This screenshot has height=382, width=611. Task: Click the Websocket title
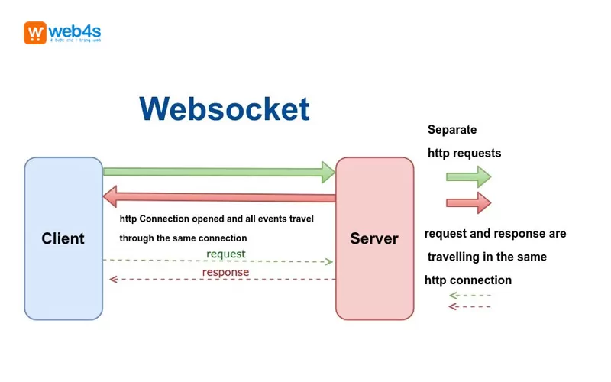[x=225, y=109]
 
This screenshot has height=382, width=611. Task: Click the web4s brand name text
[x=76, y=31]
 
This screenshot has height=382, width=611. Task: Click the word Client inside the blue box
[x=63, y=238]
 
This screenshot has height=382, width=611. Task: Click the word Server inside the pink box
[x=374, y=238]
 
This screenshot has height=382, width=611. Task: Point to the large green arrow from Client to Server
[x=219, y=172]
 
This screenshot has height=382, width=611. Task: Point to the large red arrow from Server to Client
[x=219, y=198]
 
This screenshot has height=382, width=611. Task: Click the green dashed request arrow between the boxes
[x=219, y=261]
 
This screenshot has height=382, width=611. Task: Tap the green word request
[x=226, y=253]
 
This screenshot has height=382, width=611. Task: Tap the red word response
[x=225, y=271]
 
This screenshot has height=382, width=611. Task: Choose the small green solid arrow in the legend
[x=468, y=176]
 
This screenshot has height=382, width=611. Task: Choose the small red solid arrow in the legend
[x=468, y=202]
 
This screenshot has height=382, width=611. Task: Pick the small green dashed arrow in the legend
[x=470, y=295]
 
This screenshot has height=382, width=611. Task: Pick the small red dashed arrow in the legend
[x=470, y=306]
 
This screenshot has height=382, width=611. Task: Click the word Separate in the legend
[x=452, y=130]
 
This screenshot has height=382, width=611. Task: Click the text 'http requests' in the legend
[x=464, y=153]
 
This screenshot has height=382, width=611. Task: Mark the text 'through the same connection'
[x=183, y=238]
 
